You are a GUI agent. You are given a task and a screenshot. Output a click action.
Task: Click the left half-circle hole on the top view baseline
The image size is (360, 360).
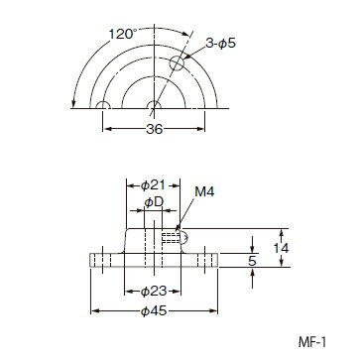point(102,105)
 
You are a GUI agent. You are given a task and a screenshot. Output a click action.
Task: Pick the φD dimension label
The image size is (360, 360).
point(152,202)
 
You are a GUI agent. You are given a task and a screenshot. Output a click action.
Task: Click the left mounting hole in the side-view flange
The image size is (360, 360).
point(102,261)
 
